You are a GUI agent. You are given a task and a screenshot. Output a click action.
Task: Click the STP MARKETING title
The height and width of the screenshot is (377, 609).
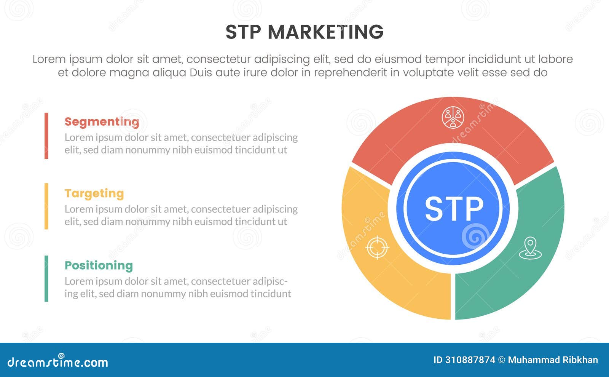pyautogui.click(x=304, y=32)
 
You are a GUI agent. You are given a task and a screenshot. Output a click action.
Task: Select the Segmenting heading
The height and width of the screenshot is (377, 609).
pyautogui.click(x=102, y=122)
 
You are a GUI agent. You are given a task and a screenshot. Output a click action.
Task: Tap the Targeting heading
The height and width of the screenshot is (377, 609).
pyautogui.click(x=94, y=193)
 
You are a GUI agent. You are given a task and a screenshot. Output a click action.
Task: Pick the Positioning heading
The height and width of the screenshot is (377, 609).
pyautogui.click(x=99, y=265)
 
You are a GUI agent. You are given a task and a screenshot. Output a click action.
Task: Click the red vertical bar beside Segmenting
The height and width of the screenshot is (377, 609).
pyautogui.click(x=46, y=136)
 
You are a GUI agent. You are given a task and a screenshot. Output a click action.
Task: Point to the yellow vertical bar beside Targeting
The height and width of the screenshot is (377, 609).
pyautogui.click(x=46, y=206)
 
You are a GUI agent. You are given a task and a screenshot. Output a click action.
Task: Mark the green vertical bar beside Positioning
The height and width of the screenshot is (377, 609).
pyautogui.click(x=46, y=278)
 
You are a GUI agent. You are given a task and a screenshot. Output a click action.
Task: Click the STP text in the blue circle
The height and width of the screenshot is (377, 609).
pyautogui.click(x=454, y=209)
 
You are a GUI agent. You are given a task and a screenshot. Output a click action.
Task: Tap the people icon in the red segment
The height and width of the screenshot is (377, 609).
pyautogui.click(x=453, y=117)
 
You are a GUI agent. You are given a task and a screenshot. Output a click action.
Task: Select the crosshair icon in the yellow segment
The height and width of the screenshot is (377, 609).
pyautogui.click(x=377, y=248)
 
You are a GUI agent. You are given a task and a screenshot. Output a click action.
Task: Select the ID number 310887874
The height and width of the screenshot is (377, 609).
pyautogui.click(x=470, y=360)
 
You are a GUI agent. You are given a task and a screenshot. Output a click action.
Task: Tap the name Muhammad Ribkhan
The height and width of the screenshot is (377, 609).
pyautogui.click(x=553, y=360)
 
